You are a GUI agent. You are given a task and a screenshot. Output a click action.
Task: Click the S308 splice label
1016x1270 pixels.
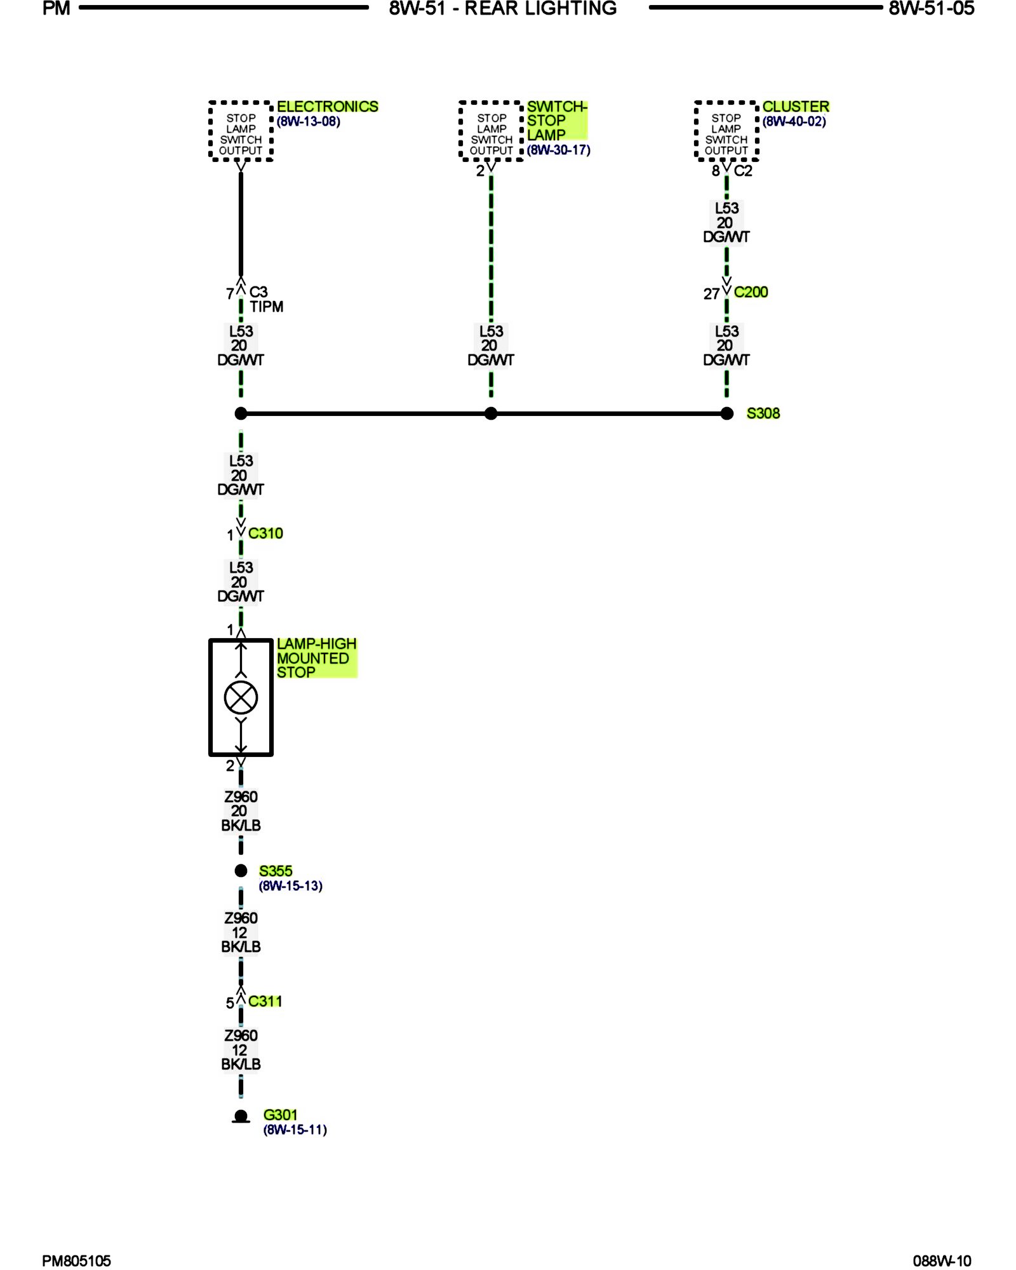(763, 413)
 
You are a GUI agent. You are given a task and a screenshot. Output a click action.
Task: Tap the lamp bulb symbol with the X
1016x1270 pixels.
(241, 697)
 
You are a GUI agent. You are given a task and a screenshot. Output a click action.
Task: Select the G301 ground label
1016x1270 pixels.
(280, 1114)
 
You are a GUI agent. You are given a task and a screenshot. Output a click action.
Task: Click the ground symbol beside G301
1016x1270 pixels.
(241, 1116)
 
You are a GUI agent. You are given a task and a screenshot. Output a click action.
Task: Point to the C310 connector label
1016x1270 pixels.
(265, 533)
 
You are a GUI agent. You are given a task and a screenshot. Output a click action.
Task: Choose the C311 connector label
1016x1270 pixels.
(265, 1001)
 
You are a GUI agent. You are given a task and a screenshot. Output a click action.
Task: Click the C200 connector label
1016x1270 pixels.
(751, 292)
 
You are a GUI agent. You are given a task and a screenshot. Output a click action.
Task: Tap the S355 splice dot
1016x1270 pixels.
(241, 871)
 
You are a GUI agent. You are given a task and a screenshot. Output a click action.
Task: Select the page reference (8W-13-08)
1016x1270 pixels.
(309, 121)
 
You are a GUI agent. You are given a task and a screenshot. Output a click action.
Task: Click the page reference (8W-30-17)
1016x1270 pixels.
(558, 150)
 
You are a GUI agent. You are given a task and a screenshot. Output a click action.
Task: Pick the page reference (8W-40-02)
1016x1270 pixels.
(794, 121)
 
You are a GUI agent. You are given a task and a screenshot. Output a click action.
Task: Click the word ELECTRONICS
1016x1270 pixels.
(327, 107)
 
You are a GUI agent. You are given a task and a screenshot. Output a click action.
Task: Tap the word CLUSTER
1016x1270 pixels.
(796, 107)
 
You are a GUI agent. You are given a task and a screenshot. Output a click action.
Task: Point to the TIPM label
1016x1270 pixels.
(266, 307)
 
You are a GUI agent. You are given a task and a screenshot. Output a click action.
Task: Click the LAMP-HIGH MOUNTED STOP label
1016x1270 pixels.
(316, 658)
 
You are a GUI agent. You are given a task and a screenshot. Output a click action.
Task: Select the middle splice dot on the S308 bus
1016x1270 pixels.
(491, 413)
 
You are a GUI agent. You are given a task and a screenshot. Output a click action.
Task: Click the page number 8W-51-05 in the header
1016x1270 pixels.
(931, 9)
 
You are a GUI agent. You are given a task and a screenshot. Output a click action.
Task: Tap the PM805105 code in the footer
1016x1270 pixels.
(76, 1260)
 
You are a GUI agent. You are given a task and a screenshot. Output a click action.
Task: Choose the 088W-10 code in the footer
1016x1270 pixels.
(942, 1260)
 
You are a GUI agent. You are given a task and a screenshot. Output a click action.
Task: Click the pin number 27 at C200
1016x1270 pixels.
(711, 294)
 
